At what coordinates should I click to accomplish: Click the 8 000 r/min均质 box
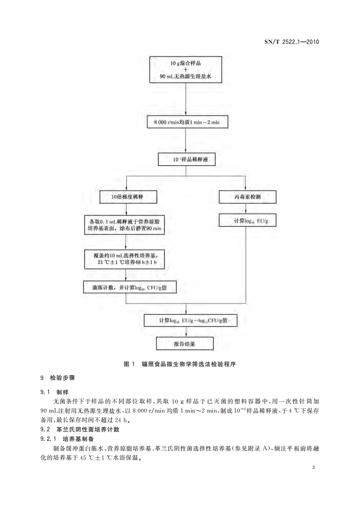[186, 122]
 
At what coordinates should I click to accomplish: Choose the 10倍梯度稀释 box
[128, 197]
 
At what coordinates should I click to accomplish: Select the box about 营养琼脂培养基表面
[124, 225]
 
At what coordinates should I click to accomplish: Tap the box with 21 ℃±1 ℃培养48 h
[124, 259]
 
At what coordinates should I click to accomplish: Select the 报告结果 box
[185, 343]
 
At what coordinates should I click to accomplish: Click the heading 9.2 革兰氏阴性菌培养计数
[80, 429]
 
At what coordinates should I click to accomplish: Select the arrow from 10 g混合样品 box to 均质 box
[186, 100]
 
